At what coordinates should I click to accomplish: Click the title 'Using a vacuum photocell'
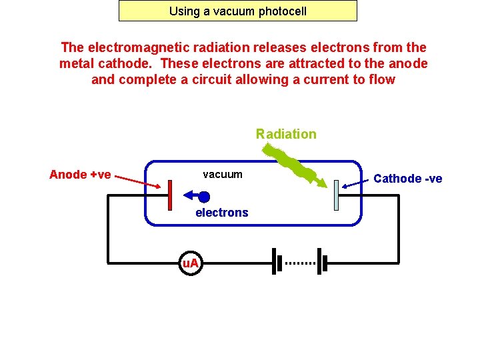point(237,11)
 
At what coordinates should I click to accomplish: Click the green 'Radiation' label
point(286,134)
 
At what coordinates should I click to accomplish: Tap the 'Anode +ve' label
point(80,175)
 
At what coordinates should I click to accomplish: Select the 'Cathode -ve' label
point(407,178)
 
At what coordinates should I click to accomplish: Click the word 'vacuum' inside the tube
point(223,174)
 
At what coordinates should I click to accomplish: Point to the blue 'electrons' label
point(221,213)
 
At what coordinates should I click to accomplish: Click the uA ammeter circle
point(191,263)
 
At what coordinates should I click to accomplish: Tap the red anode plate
point(171,195)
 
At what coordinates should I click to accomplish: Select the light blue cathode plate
point(336,195)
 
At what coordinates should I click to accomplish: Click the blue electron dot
point(204,197)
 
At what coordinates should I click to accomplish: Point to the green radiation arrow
point(297,166)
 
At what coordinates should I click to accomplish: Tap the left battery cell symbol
point(274,262)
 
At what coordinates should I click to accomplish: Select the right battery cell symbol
point(322,262)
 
